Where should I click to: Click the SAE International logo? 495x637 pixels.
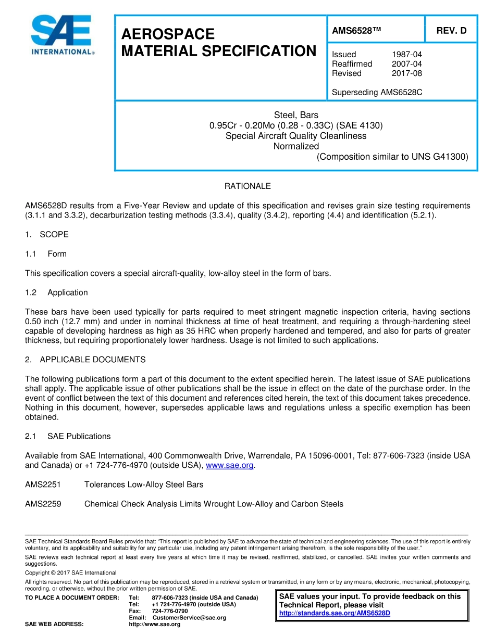[63, 35]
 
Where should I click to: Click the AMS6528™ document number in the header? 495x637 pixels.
[356, 31]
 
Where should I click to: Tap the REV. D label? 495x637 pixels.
[451, 31]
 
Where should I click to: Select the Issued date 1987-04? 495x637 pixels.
[406, 54]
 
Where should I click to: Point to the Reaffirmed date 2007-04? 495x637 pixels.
[406, 63]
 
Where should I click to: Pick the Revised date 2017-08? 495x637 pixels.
[406, 73]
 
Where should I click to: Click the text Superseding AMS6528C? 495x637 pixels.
[377, 93]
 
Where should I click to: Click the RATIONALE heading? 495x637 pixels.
[247, 186]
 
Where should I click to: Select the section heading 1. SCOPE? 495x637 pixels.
[47, 234]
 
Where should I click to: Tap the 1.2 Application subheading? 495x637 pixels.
[56, 292]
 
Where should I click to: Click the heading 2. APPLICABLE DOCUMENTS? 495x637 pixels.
[85, 360]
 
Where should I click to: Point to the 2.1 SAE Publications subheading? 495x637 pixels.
[68, 436]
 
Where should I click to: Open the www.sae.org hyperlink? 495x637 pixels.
[230, 465]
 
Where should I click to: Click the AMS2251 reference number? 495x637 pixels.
[43, 485]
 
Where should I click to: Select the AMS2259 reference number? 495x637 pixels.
[43, 504]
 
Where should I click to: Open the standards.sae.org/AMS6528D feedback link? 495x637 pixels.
[335, 613]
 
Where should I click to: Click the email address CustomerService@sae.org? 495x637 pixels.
[189, 617]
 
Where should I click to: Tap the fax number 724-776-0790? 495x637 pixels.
[169, 611]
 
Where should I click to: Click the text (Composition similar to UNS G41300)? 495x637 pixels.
[392, 157]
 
